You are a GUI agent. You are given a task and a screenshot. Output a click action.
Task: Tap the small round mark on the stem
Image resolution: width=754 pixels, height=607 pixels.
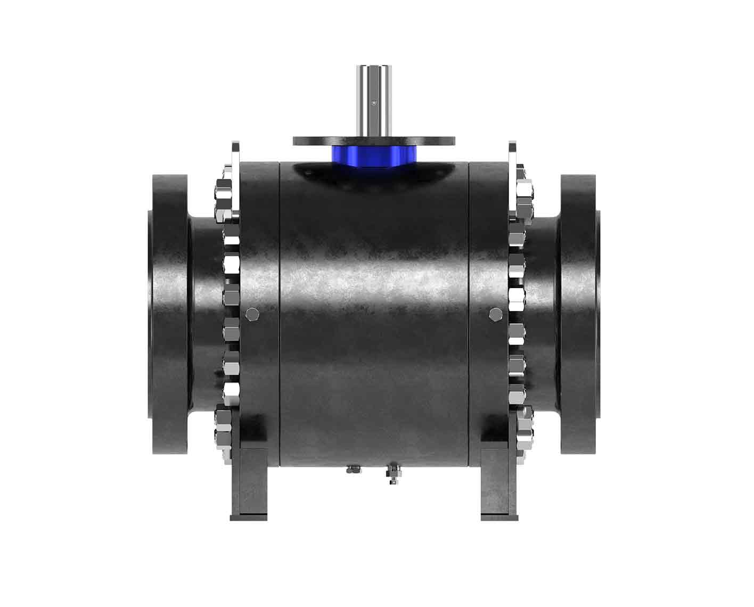click(373, 102)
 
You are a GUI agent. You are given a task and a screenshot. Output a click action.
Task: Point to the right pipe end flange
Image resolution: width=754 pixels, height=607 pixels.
click(579, 314)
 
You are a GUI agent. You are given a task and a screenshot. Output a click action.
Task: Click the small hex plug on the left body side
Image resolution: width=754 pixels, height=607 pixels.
click(252, 315)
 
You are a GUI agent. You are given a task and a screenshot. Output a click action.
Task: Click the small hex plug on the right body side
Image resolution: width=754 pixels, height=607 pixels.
click(495, 314)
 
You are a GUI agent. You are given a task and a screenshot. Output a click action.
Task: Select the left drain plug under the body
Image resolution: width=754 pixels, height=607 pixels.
click(353, 469)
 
